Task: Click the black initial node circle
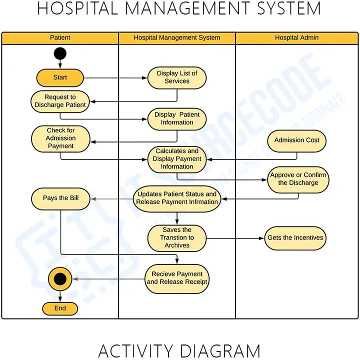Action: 60,53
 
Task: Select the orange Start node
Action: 60,77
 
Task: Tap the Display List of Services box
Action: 177,77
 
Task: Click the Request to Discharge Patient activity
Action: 60,101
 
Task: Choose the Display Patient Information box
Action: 177,118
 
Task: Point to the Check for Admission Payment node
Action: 60,138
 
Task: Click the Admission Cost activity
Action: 296,140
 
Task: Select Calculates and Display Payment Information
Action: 177,159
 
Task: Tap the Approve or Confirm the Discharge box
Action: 298,179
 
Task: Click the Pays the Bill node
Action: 60,198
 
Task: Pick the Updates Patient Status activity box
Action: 177,198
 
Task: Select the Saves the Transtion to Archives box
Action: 177,238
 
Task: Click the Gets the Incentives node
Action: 295,238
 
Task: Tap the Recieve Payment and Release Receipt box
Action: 177,278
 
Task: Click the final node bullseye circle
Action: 60,278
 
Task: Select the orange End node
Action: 60,308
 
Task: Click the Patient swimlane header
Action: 60,38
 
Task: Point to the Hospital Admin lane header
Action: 296,38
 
